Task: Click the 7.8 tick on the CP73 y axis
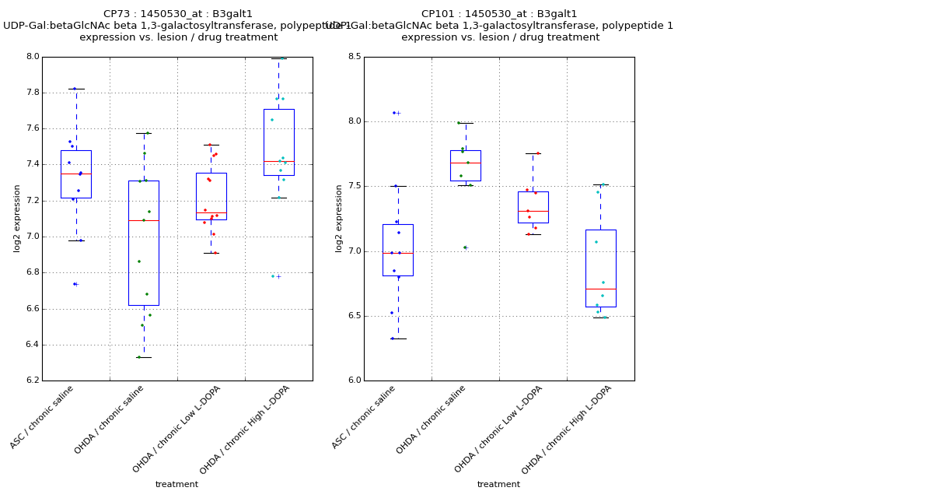tap(31, 93)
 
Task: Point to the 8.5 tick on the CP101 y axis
tap(354, 57)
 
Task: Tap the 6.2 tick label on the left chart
tap(31, 381)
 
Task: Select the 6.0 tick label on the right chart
tap(354, 381)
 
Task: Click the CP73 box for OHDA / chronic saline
tap(144, 243)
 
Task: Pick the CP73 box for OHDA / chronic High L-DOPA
tap(278, 142)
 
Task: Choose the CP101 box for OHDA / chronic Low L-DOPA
tap(533, 207)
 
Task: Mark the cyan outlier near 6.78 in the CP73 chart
tap(273, 276)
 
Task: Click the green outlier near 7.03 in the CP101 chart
tap(464, 247)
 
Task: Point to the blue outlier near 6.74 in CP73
tap(75, 284)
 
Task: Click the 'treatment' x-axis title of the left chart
tap(176, 485)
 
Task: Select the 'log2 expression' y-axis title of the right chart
tap(339, 218)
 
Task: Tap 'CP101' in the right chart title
tap(438, 14)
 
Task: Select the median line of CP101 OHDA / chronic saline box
tap(465, 163)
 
